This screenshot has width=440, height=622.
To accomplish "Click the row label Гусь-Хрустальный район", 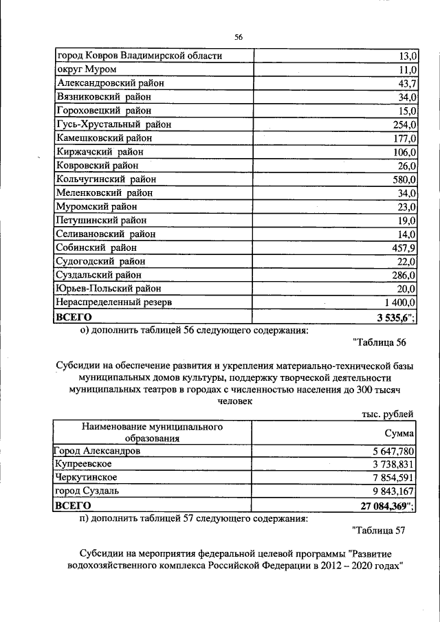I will click(x=114, y=124).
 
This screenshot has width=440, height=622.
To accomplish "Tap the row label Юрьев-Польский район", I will click(x=109, y=289).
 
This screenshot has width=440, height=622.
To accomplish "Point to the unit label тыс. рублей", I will click(x=388, y=414).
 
